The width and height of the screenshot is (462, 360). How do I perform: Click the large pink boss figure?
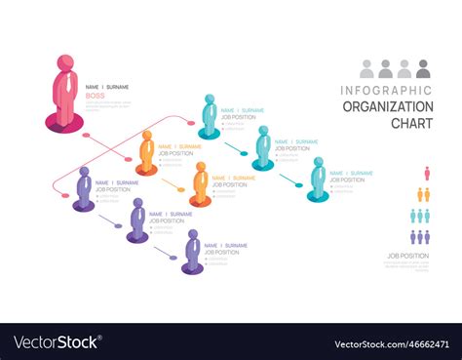coord(64,93)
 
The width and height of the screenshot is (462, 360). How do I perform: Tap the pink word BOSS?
coord(95,96)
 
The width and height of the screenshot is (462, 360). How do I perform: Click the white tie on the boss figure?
coord(66,86)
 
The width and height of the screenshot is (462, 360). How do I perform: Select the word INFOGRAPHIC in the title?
coord(387,91)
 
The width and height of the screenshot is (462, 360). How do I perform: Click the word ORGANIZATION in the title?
coord(387,106)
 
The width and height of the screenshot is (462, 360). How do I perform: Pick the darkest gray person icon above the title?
coord(423,69)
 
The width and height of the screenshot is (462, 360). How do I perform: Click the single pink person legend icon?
coord(426,173)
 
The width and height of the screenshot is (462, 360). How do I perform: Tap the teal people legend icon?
coord(421,216)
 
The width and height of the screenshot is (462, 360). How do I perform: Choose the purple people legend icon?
coord(420,236)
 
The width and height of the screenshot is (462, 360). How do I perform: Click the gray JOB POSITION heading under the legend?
coord(407,256)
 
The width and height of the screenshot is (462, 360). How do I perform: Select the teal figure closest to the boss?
coord(209,116)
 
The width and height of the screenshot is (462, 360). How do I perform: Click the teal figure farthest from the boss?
coord(318,179)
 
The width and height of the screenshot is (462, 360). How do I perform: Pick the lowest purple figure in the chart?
coord(192,251)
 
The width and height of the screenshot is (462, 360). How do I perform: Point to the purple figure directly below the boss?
coord(84,188)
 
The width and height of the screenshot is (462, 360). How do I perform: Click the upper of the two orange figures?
coord(146,152)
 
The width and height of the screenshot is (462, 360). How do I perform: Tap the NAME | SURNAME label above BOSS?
coord(106,87)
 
